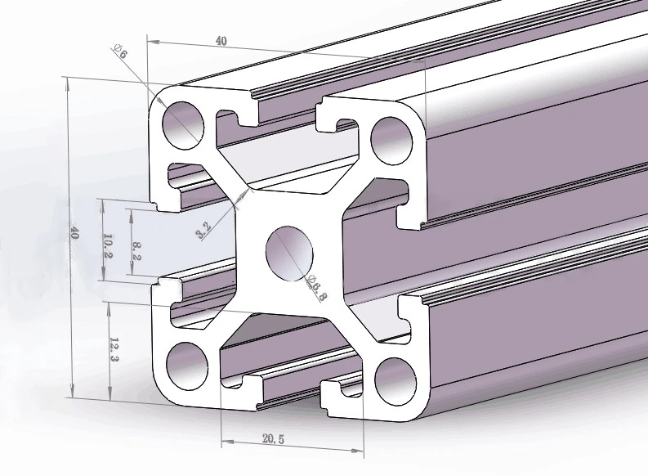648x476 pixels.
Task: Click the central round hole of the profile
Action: click(289, 250)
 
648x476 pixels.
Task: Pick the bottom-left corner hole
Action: click(185, 361)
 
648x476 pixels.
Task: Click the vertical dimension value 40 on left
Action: click(74, 232)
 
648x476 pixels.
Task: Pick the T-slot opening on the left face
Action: click(163, 241)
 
